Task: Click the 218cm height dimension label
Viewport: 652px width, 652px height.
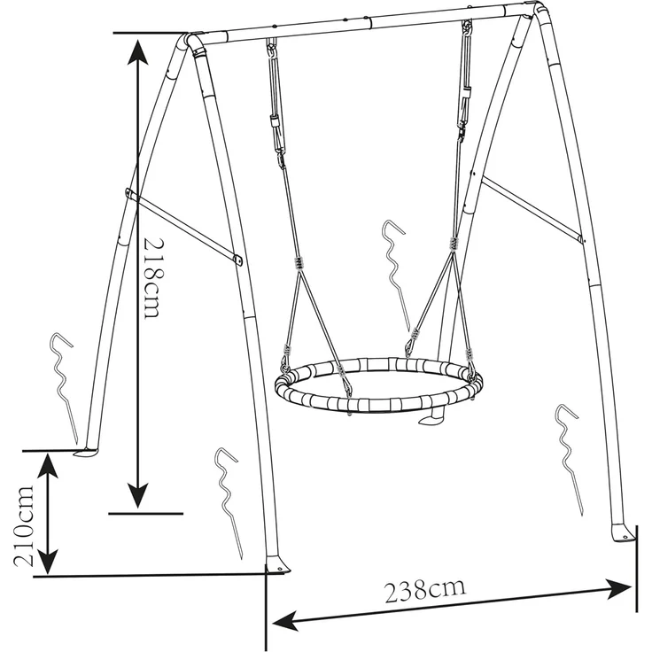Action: (x=151, y=278)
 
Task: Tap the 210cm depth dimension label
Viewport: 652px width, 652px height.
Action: (x=24, y=525)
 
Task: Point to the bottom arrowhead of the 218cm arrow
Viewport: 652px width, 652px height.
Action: (x=137, y=495)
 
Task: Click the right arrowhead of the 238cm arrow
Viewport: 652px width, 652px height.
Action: (x=619, y=589)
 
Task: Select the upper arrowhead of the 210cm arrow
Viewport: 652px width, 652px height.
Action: (x=48, y=467)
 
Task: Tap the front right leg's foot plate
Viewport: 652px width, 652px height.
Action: (x=623, y=534)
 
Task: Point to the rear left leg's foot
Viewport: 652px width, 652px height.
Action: (x=87, y=452)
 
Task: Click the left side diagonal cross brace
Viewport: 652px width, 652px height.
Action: (x=183, y=226)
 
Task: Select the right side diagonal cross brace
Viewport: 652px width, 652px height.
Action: (x=532, y=210)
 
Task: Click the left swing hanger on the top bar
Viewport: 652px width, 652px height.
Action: (x=272, y=47)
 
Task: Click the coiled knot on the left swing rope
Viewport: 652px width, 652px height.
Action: (x=298, y=264)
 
